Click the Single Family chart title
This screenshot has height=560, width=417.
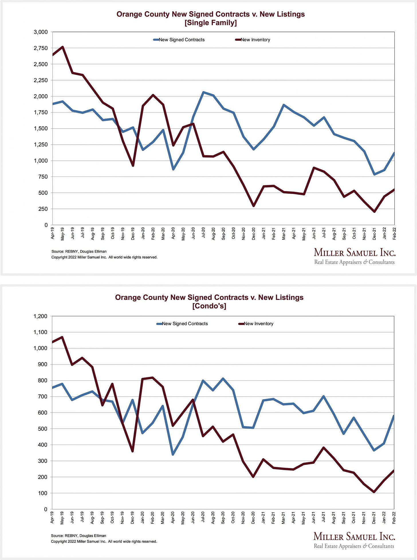[x=211, y=18]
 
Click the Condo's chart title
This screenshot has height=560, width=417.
[x=209, y=302]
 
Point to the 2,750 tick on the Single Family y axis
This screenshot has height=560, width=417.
[x=41, y=48]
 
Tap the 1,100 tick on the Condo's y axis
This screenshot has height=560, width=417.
[x=40, y=332]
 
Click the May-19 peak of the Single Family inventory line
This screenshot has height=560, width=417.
[x=62, y=47]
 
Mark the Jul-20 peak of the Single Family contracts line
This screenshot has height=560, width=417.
[x=203, y=92]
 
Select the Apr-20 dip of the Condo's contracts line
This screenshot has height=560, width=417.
[x=173, y=455]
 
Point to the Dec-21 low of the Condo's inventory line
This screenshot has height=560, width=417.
[x=374, y=492]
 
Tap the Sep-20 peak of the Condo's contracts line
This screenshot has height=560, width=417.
[x=223, y=379]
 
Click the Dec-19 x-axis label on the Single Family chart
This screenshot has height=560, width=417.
[x=133, y=233]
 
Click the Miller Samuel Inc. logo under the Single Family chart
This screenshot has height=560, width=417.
[x=355, y=256]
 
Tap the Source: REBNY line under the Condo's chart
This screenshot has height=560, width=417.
[x=78, y=536]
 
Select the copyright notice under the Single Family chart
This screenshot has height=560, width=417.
[x=104, y=257]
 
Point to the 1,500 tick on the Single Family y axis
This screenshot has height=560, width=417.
[x=41, y=129]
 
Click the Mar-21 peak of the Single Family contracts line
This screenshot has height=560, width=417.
[x=284, y=105]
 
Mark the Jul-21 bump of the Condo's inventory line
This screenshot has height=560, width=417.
[x=324, y=448]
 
